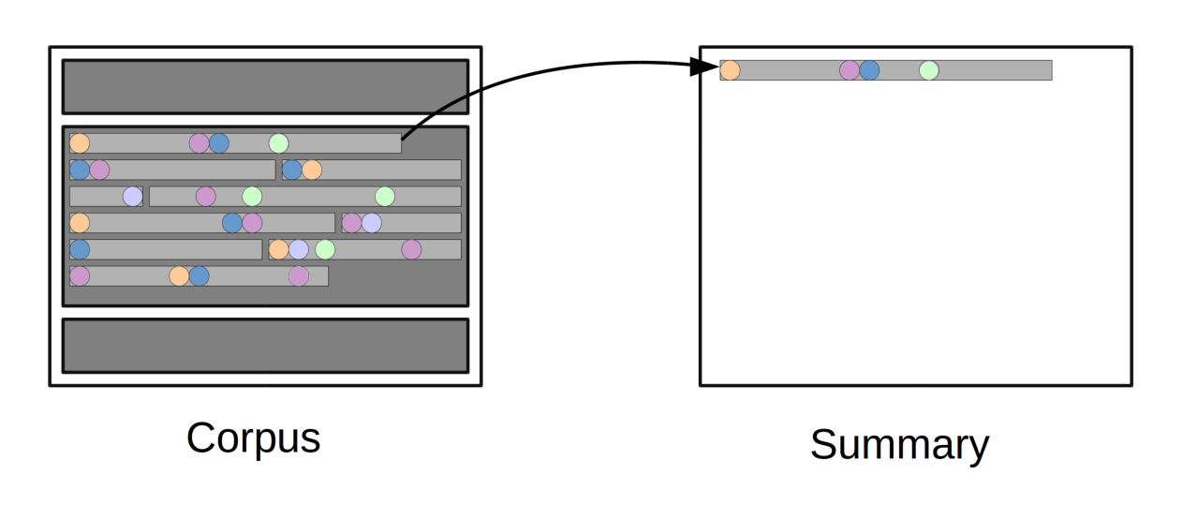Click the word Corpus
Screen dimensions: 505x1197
(x=253, y=438)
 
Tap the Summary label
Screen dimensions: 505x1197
(x=899, y=444)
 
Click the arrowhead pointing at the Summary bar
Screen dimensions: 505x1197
(x=703, y=66)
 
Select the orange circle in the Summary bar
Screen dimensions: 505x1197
(x=730, y=70)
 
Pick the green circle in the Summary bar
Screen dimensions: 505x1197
(x=928, y=70)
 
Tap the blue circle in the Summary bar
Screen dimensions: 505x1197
(x=869, y=70)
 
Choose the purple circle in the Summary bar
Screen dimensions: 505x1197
(x=849, y=70)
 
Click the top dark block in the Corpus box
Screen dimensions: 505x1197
(x=265, y=86)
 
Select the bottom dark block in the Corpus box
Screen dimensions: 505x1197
(x=265, y=345)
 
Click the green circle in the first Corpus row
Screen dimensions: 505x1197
(x=278, y=143)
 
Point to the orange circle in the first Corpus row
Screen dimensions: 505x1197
(x=80, y=143)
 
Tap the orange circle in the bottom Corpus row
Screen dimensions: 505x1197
(x=179, y=275)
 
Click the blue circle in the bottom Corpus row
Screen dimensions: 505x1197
(x=199, y=275)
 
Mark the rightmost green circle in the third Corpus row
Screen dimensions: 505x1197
(x=384, y=196)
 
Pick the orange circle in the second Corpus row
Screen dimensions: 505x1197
(x=312, y=170)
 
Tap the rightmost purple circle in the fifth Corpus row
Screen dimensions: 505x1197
(x=411, y=249)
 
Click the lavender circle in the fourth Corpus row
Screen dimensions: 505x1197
(x=372, y=223)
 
